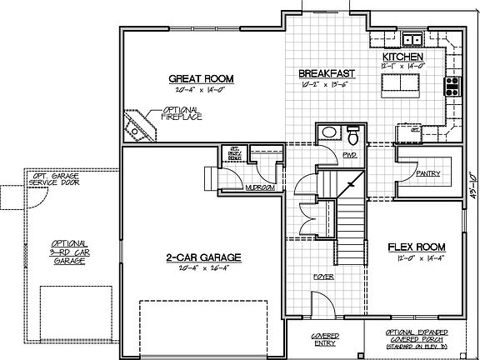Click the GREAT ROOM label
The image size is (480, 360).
click(x=200, y=79)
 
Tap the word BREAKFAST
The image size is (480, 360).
click(x=322, y=73)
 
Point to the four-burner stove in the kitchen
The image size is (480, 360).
click(x=453, y=86)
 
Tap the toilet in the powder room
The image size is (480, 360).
click(x=352, y=135)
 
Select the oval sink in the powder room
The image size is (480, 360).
click(x=328, y=132)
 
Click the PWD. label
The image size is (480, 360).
click(x=327, y=155)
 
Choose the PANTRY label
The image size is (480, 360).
click(x=427, y=173)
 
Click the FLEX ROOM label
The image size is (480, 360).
click(x=417, y=247)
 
